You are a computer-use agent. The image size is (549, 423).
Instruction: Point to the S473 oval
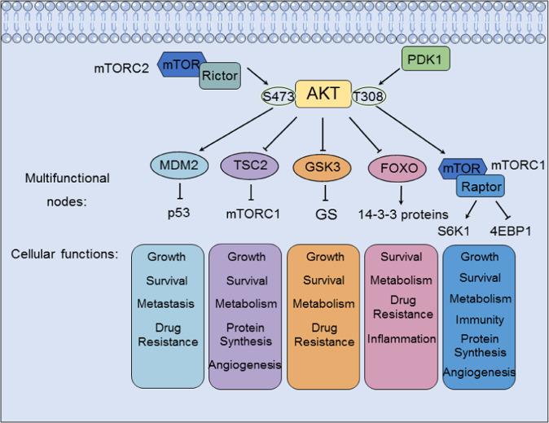click(278, 98)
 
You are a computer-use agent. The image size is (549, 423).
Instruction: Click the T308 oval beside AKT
click(368, 98)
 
